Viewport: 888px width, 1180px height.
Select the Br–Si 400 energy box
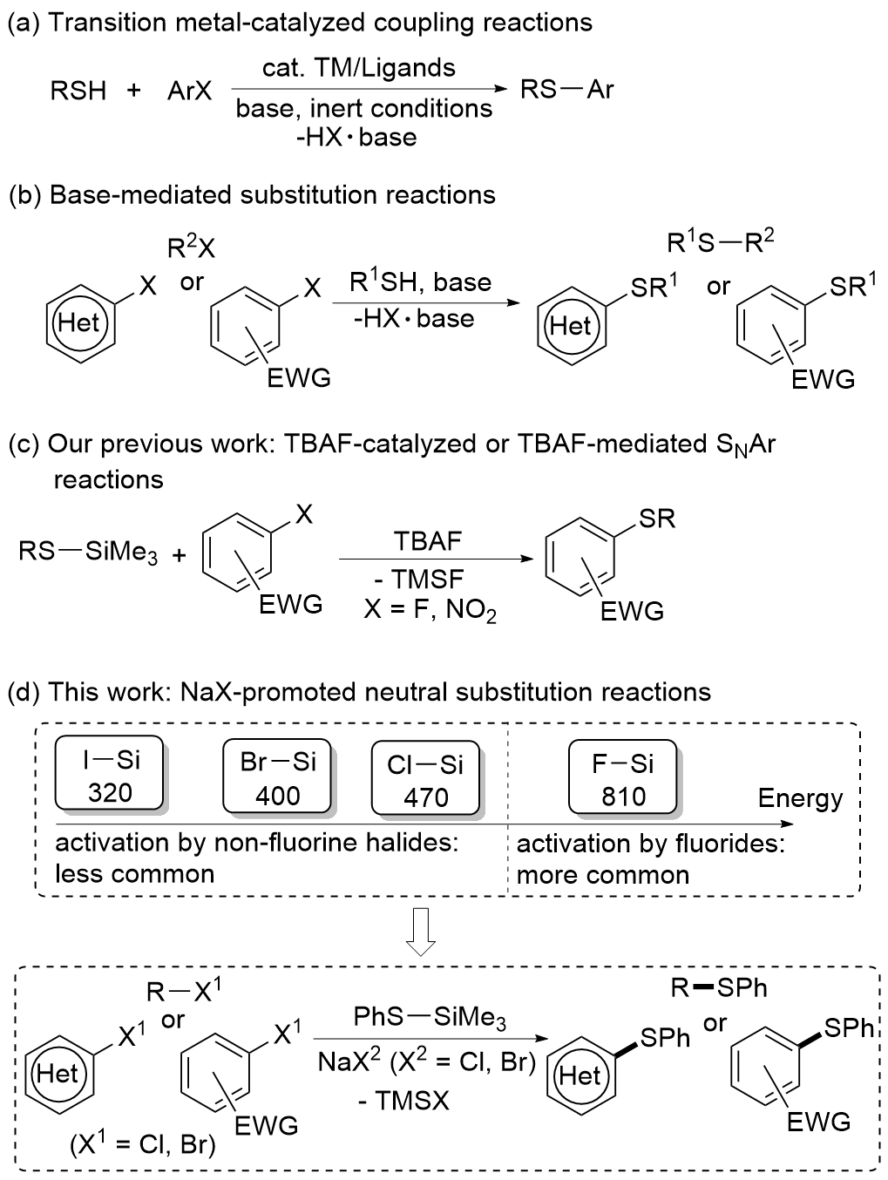tap(277, 778)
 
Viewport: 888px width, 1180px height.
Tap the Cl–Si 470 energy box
tap(425, 780)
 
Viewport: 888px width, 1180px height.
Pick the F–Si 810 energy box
tap(623, 779)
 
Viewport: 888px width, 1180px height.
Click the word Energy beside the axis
tap(800, 799)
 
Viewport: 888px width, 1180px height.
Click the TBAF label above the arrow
tap(427, 541)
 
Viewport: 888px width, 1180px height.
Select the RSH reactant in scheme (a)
tap(78, 91)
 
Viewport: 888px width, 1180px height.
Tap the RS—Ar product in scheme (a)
tap(566, 89)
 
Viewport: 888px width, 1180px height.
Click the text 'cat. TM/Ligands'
tap(358, 68)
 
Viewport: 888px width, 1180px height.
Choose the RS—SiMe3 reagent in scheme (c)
tap(88, 553)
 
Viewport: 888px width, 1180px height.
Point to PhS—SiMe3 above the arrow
tap(430, 1018)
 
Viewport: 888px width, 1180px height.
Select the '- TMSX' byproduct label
tap(403, 1101)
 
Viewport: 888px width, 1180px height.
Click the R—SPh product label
tap(719, 988)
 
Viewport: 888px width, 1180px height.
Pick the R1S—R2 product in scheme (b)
tap(721, 243)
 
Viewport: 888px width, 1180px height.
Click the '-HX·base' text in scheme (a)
tap(356, 138)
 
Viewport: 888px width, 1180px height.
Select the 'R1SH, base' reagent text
tap(420, 282)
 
